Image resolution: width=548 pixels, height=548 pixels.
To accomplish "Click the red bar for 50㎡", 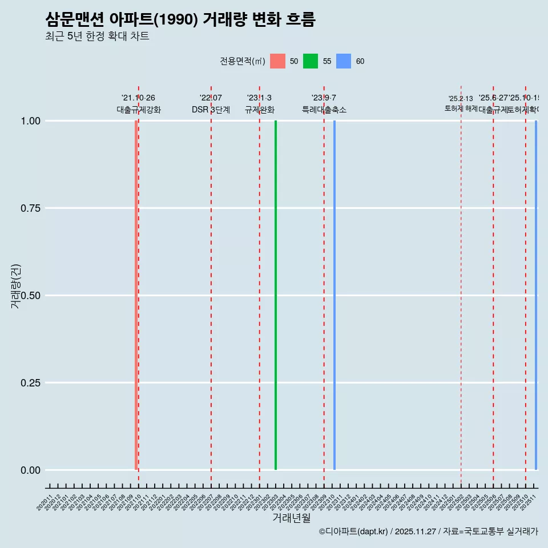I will [x=136, y=295].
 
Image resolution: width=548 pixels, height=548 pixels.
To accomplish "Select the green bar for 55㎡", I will [x=276, y=295].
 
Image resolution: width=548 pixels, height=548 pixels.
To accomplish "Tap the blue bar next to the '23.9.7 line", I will [x=335, y=295].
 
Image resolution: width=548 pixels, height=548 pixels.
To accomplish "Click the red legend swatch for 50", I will [x=277, y=61].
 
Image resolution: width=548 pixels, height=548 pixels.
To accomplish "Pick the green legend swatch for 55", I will [x=311, y=61].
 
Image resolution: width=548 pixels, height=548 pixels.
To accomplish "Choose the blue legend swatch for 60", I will [x=344, y=61].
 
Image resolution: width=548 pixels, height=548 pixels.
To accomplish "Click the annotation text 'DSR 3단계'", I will [x=211, y=110].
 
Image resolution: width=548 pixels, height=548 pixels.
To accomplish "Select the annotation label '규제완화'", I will [x=260, y=110].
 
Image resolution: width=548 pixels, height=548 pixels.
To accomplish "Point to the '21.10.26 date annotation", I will [x=138, y=98].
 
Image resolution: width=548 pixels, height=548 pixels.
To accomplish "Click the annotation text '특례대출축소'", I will [x=324, y=110].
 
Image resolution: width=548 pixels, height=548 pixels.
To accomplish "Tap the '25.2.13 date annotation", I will [x=461, y=99].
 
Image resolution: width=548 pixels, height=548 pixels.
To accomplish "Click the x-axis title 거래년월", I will [x=291, y=518].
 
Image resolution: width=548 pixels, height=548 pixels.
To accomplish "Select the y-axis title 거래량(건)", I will [x=15, y=287].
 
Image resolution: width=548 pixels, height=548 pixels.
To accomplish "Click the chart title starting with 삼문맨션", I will [x=180, y=19].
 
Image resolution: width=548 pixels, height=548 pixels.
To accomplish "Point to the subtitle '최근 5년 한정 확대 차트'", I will [x=97, y=37].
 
